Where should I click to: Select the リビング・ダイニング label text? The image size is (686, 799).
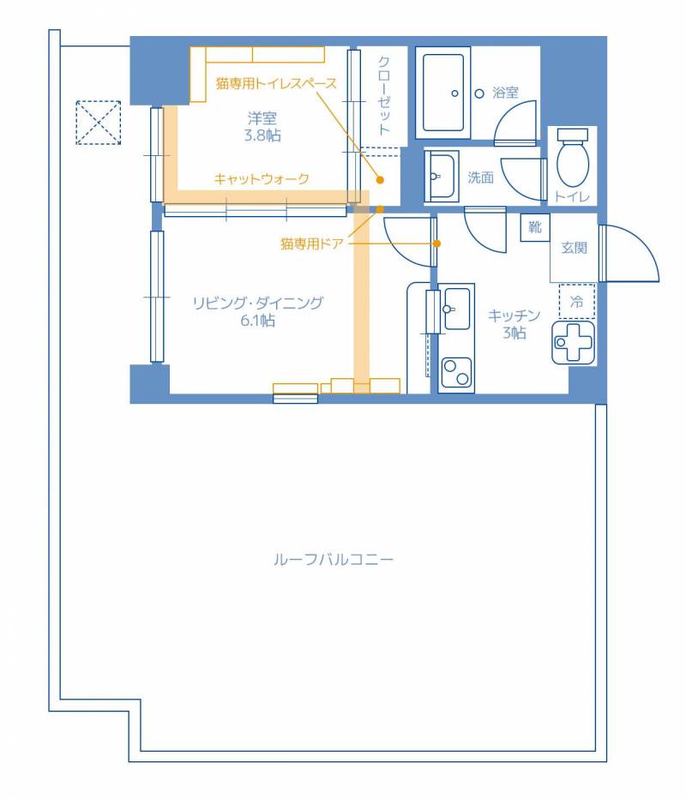pos(257,303)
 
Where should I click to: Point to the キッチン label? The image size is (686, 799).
pos(514,315)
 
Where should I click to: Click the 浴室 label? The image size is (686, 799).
pos(505,92)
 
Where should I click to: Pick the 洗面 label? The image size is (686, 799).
pos(480,177)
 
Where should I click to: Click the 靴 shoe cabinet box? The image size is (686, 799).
pos(535,227)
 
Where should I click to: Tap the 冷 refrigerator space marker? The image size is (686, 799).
pos(577,302)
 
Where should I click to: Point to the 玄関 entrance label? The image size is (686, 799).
pos(574,249)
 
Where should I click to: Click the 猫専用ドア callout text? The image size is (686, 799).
pos(311,243)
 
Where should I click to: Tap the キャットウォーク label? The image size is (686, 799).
pos(261,178)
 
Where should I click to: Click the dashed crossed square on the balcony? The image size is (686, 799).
pos(98,123)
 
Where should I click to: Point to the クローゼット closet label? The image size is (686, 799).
pos(385,95)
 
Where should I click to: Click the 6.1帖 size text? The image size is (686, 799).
pos(257,321)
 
